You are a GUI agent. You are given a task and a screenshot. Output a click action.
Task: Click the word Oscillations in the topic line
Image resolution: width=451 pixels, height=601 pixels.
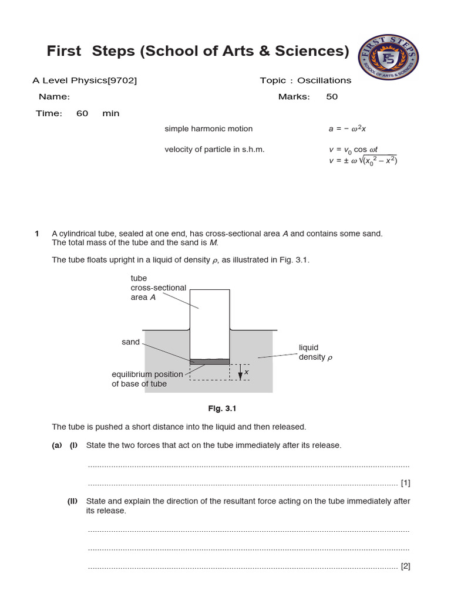point(324,80)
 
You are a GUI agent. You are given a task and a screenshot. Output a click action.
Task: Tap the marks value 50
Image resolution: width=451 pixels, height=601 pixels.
point(332,97)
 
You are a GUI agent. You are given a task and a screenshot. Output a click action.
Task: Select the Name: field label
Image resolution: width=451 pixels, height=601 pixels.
point(55,97)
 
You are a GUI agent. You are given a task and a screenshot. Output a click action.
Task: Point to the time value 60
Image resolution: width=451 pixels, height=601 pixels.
point(82,113)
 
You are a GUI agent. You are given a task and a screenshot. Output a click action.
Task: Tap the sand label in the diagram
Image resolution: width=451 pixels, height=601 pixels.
point(130,342)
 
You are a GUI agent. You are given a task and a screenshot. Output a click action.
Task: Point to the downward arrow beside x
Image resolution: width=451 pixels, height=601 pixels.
point(240,373)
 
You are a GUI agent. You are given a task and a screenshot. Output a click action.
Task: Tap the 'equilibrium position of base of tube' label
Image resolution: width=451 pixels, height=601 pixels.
point(140,379)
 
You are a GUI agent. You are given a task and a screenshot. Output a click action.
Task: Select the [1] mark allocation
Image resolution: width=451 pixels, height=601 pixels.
point(405,483)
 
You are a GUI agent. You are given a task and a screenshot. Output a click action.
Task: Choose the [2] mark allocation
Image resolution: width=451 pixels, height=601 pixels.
point(405,566)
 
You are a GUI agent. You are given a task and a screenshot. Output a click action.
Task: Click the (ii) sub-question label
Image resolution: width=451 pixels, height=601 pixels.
point(73,501)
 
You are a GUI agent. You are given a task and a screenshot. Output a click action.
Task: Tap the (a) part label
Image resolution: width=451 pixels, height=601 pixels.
point(56,445)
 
